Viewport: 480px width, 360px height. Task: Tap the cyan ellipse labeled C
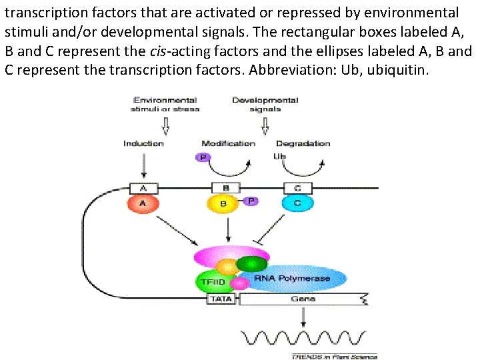(297, 203)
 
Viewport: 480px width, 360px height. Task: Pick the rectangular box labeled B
(225, 188)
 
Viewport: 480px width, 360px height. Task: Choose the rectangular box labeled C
(297, 188)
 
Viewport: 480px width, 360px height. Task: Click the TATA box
(221, 299)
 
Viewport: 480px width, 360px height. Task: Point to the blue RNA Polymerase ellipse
(300, 279)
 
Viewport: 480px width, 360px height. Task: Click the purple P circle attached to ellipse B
(251, 201)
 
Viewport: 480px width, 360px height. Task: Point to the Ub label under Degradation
(279, 157)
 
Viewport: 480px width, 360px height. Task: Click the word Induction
(143, 143)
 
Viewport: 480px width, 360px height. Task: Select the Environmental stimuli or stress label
(166, 105)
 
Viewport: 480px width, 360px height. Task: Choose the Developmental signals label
(265, 105)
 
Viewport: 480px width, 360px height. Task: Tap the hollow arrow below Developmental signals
(265, 125)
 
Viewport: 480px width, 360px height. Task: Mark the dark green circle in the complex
(251, 264)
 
